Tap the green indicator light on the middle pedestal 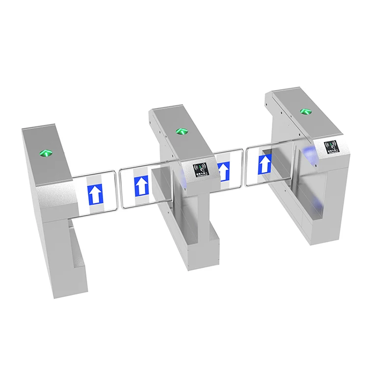[x=180, y=131]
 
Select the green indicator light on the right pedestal [x=305, y=111]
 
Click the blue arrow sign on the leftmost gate [x=96, y=195]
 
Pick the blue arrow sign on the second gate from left [x=141, y=186]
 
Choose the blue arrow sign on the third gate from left [x=224, y=172]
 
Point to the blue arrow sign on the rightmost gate [x=265, y=164]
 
